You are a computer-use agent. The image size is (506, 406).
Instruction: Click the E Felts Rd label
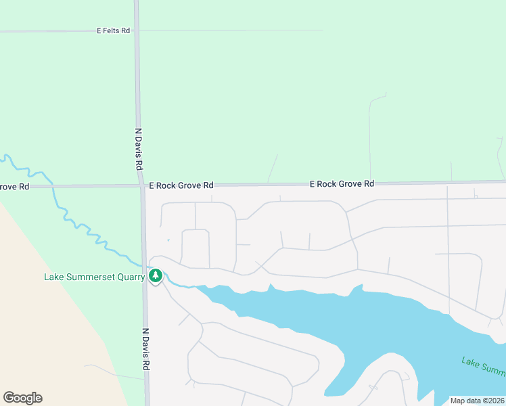tap(113, 30)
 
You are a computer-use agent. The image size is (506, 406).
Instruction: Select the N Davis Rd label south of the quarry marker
tap(145, 349)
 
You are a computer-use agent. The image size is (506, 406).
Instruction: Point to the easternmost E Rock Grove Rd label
tap(342, 183)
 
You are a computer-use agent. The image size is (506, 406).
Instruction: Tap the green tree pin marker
tap(156, 275)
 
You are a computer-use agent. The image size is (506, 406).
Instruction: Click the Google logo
tap(22, 398)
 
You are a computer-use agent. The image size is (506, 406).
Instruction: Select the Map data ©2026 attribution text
tap(477, 401)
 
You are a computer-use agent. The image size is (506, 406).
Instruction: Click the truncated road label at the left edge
tap(14, 186)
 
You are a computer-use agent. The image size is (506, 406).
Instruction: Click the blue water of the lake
tap(379, 332)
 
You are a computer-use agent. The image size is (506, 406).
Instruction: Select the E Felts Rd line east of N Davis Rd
tap(230, 30)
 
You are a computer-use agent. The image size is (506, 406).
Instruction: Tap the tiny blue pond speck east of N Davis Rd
tap(168, 239)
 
